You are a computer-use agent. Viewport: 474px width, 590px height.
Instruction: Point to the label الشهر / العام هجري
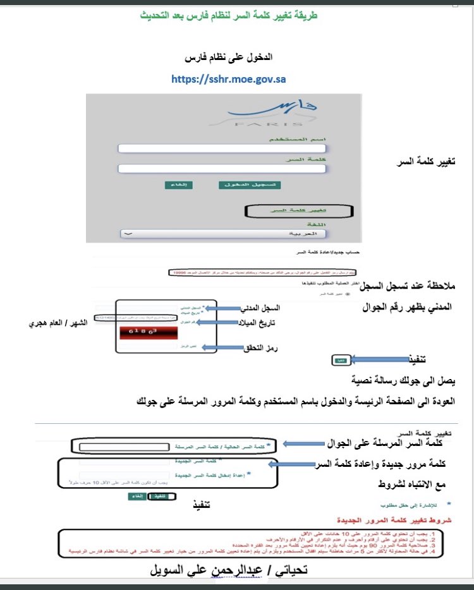[x=54, y=323]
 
